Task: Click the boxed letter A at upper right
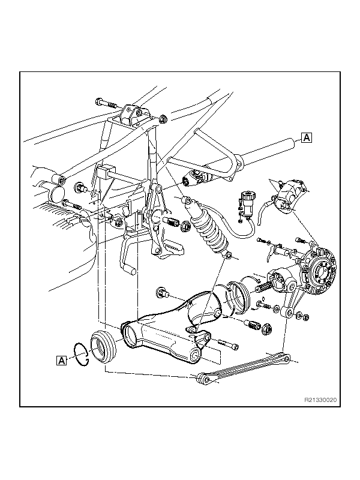pos(307,138)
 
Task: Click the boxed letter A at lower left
pos(62,360)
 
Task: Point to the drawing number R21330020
pos(320,400)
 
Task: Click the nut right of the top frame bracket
pos(163,118)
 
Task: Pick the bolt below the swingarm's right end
pos(229,344)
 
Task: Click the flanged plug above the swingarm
pos(163,293)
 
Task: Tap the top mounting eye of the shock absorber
pos(188,200)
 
